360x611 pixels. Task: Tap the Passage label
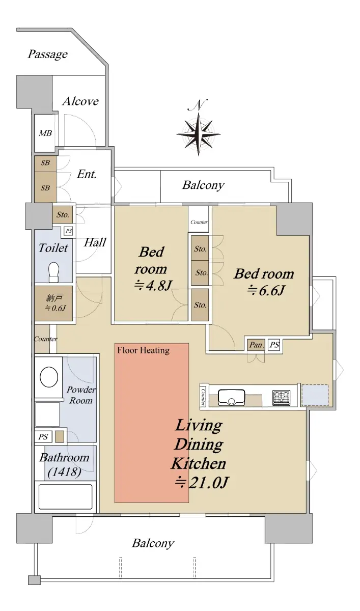click(48, 54)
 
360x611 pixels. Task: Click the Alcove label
click(80, 101)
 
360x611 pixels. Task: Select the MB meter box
click(45, 133)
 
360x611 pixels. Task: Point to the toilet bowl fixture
click(53, 272)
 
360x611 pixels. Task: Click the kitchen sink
click(231, 397)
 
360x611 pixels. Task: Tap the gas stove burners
click(282, 398)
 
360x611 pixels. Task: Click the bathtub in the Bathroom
click(65, 496)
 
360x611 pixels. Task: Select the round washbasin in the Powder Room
click(49, 377)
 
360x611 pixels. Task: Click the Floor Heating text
click(143, 350)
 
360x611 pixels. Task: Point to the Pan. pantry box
click(256, 345)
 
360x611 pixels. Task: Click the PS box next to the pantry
click(274, 345)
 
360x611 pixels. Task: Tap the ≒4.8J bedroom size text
click(153, 286)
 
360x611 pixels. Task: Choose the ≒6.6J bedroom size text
click(266, 290)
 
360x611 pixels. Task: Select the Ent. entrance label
click(87, 174)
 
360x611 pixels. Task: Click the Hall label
click(95, 242)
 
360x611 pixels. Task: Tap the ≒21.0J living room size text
click(201, 483)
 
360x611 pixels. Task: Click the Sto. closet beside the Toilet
click(63, 214)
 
